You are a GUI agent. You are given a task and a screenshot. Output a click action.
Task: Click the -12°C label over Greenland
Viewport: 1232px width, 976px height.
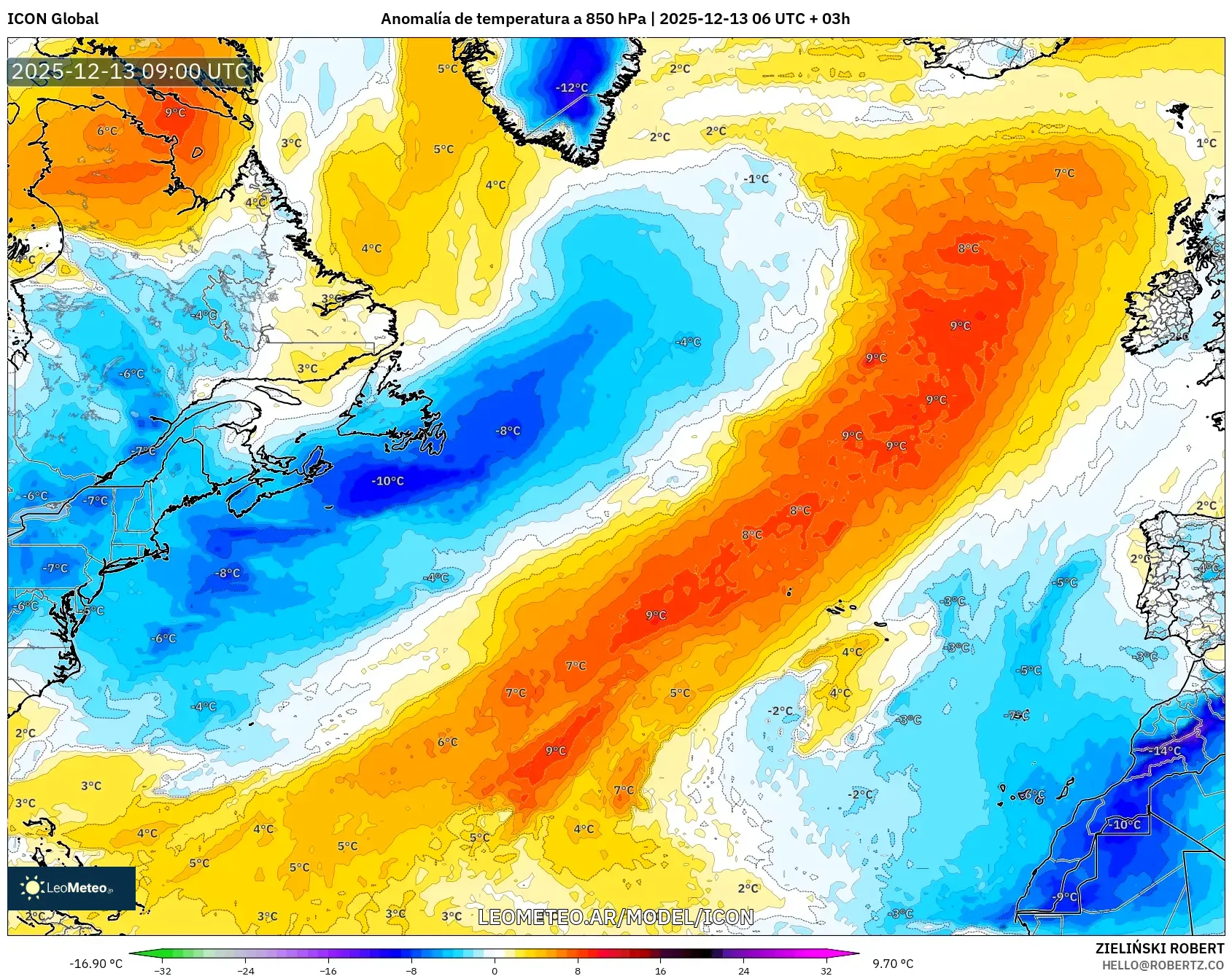pyautogui.click(x=572, y=87)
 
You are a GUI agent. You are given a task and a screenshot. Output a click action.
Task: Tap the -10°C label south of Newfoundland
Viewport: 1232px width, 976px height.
pyautogui.click(x=387, y=481)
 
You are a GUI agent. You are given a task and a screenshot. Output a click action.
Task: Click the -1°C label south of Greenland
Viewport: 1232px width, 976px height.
pyautogui.click(x=756, y=179)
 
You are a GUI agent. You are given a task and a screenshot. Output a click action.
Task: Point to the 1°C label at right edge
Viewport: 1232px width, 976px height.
pyautogui.click(x=1206, y=143)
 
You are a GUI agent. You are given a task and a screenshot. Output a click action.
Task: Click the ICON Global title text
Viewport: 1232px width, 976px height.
pyautogui.click(x=53, y=19)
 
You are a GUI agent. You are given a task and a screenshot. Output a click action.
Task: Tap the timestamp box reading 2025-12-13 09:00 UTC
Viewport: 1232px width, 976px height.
pyautogui.click(x=131, y=71)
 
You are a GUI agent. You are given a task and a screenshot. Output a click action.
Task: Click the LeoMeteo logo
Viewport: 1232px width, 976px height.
pyautogui.click(x=71, y=888)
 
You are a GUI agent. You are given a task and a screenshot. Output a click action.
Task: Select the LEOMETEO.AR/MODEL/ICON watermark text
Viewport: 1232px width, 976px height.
pyautogui.click(x=616, y=917)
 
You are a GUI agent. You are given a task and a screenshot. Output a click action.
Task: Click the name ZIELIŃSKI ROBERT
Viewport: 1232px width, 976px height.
pyautogui.click(x=1160, y=948)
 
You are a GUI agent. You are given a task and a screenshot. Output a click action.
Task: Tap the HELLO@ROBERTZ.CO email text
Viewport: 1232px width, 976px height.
pyautogui.click(x=1163, y=965)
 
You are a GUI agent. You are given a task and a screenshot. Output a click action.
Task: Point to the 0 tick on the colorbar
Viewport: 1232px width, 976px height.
pyautogui.click(x=495, y=970)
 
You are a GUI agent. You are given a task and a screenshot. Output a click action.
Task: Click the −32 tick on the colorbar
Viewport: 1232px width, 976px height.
pyautogui.click(x=163, y=970)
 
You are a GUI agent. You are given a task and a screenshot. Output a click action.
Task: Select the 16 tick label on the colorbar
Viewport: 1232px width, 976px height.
pyautogui.click(x=660, y=970)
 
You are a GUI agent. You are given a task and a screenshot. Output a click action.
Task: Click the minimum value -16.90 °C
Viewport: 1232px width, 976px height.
pyautogui.click(x=96, y=964)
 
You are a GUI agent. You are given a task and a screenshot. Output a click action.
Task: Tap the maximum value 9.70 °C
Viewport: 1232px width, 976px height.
pyautogui.click(x=893, y=964)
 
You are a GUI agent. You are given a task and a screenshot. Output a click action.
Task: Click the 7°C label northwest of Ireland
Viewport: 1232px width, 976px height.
pyautogui.click(x=1064, y=173)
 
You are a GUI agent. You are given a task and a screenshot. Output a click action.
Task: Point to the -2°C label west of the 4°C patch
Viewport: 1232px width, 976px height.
pyautogui.click(x=780, y=711)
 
